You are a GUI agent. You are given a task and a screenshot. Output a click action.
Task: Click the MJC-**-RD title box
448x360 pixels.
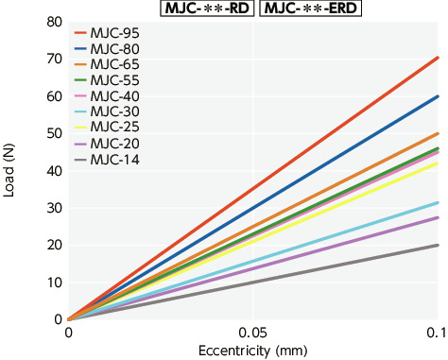click(x=198, y=9)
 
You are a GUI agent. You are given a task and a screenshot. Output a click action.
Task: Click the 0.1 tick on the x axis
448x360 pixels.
click(x=436, y=334)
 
